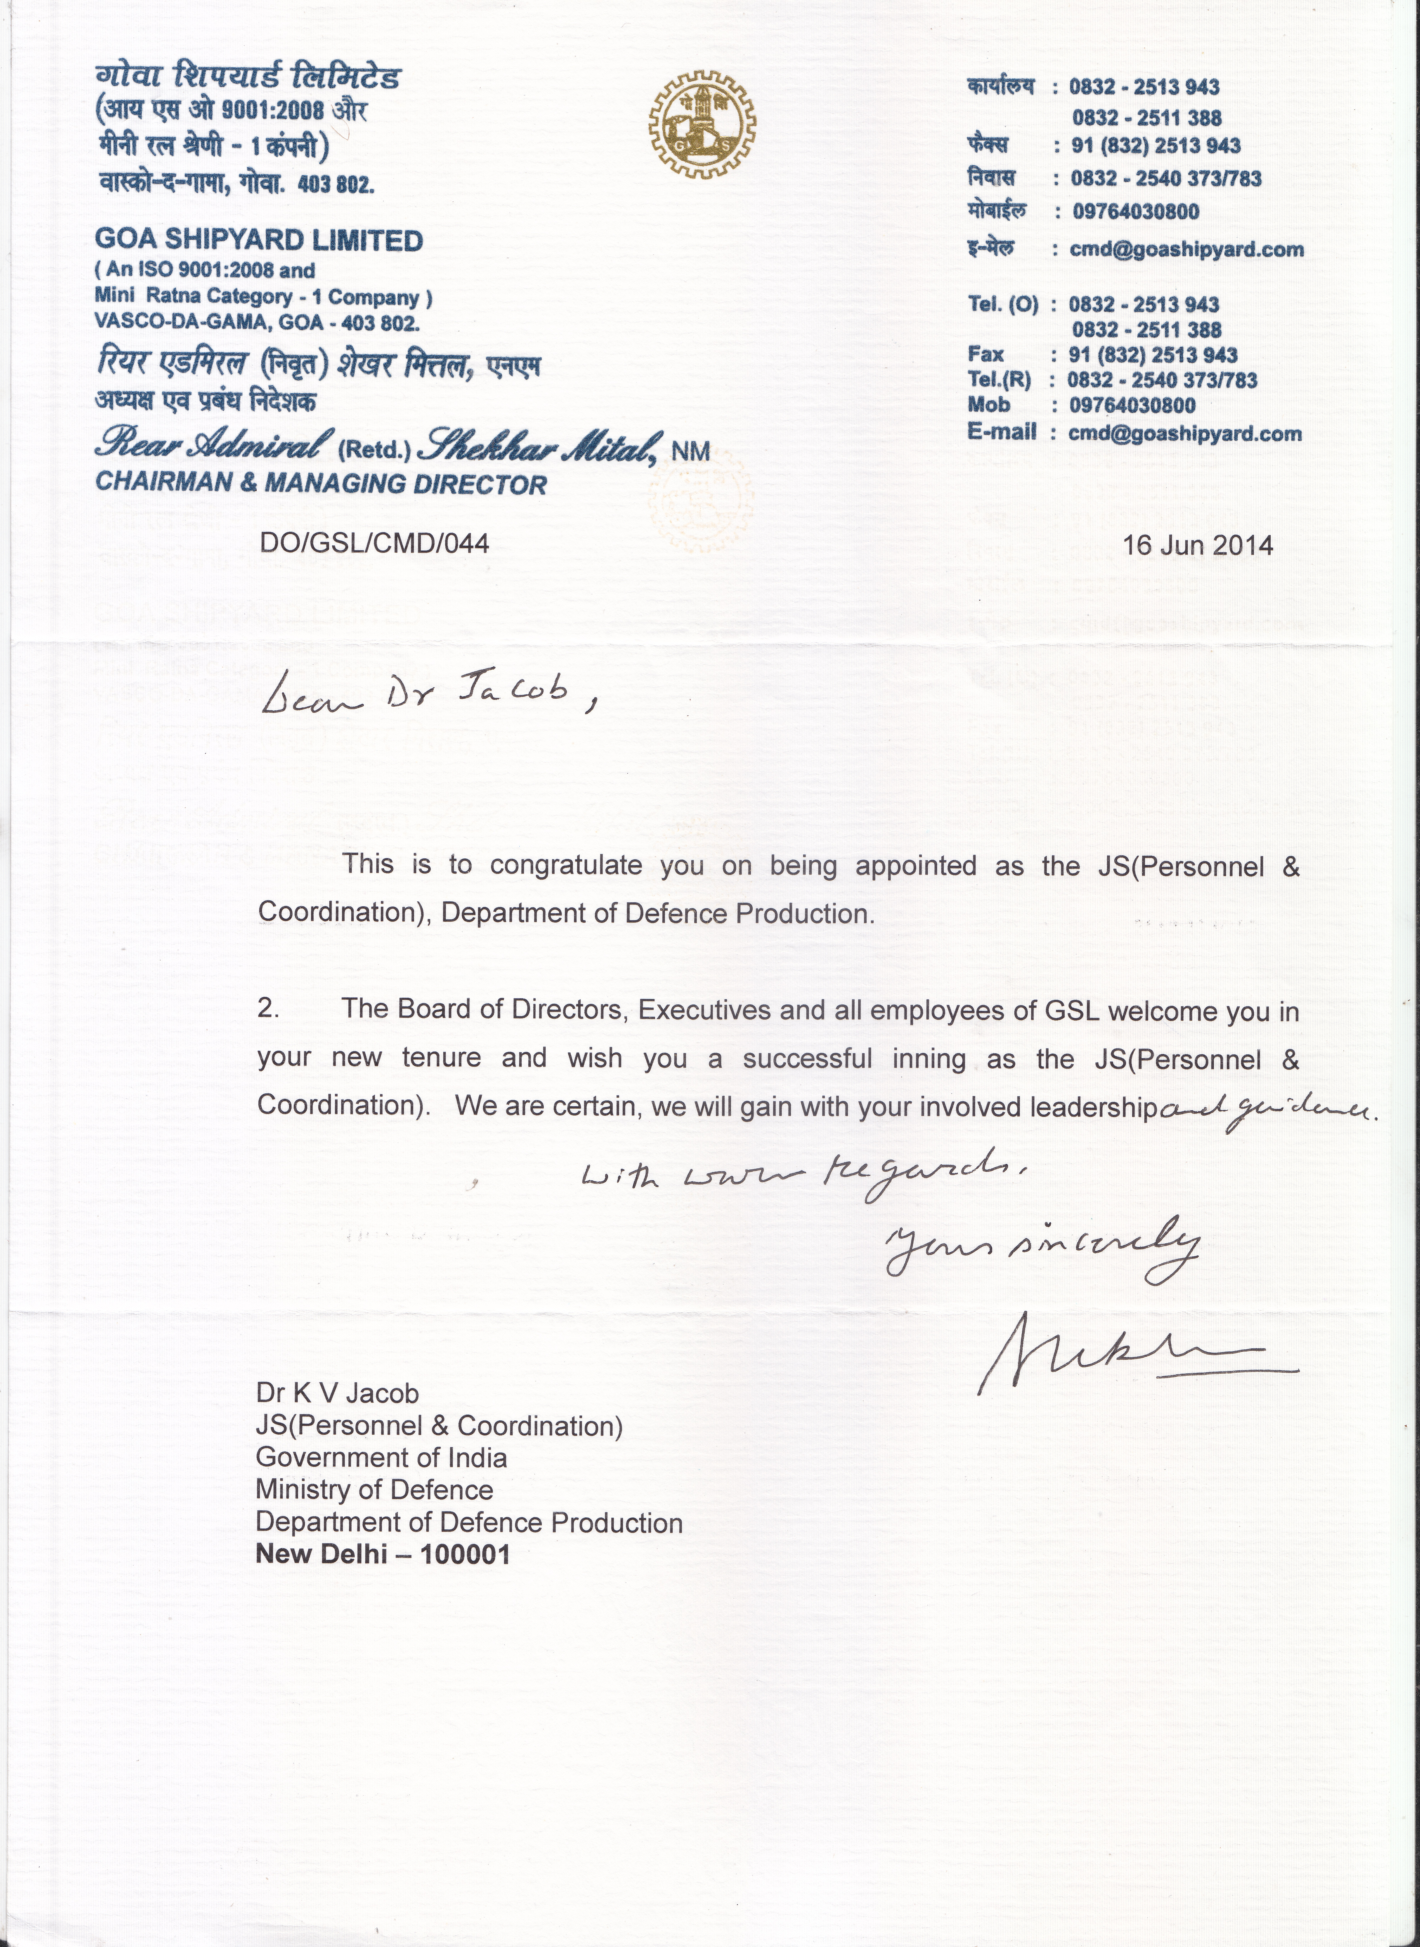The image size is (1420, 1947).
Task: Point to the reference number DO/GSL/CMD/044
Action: (x=374, y=544)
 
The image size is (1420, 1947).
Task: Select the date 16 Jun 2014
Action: (x=1197, y=545)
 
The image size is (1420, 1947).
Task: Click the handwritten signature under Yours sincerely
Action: (x=1135, y=1352)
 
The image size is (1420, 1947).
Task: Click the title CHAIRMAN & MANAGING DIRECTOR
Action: (x=321, y=483)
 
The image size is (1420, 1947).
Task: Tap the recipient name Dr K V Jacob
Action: (x=337, y=1393)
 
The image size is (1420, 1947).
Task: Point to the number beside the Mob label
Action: (x=1132, y=405)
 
